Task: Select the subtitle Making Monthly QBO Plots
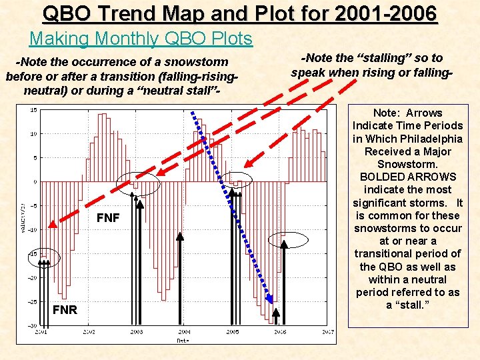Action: [141, 39]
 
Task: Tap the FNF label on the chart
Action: [108, 217]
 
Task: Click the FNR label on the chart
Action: [65, 310]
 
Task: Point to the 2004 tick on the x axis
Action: [184, 331]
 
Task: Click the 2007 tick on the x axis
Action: [327, 331]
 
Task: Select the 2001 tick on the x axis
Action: [41, 331]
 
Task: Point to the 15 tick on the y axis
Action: [33, 110]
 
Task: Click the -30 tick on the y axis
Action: [32, 325]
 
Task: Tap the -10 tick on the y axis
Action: [32, 229]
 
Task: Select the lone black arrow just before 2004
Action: [181, 280]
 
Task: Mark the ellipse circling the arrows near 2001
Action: [45, 259]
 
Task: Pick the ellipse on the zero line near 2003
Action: [137, 183]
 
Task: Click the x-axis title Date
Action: [183, 339]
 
